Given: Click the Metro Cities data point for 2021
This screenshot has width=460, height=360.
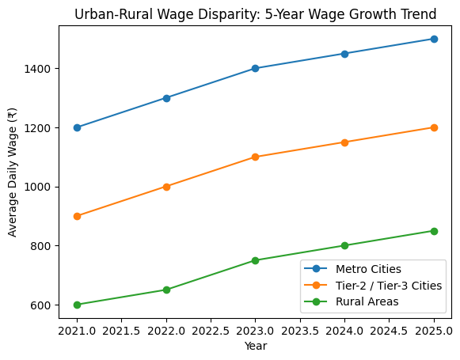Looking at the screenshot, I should coord(77,127).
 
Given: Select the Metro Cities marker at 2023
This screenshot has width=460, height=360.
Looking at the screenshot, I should coord(255,68).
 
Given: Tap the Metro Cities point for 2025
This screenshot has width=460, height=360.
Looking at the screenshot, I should coord(434,39).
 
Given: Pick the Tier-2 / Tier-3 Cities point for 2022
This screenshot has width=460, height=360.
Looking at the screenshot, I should coord(166,187).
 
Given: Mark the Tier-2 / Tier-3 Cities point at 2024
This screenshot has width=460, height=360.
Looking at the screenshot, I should coord(344,142).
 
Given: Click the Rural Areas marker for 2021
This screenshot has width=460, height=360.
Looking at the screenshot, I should coord(77,305).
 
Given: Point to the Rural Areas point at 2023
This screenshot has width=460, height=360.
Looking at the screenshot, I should coord(255,260).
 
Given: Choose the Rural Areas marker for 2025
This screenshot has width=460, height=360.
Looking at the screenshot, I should coord(434,231).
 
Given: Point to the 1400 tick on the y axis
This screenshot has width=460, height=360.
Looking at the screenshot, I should coord(38,69).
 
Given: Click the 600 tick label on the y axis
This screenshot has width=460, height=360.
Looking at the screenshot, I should coord(41,305).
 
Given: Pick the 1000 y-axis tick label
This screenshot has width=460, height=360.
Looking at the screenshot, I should coord(38,187).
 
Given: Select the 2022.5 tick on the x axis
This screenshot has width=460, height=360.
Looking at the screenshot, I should coord(211,330).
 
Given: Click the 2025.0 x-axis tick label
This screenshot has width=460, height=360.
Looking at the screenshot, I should coord(434,330).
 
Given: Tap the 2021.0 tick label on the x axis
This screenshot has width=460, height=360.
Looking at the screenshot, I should coord(77,330).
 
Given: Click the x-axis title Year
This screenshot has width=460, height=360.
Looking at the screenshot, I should coord(255,346).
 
